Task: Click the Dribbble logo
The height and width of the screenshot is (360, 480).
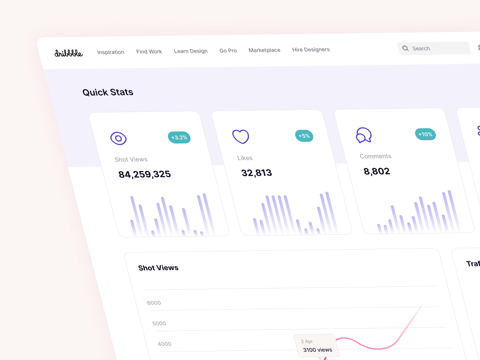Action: [68, 53]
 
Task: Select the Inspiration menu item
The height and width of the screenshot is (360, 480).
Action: [111, 52]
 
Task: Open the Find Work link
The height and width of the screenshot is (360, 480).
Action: [149, 52]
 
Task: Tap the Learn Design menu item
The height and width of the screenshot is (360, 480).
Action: [191, 51]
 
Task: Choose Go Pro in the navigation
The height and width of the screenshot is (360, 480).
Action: [228, 50]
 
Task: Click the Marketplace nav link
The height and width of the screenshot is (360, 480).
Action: [264, 50]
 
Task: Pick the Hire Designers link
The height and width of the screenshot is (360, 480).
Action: [311, 49]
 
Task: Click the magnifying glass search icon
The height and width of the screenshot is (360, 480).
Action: [406, 48]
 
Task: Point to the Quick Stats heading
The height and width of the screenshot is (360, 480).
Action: [108, 92]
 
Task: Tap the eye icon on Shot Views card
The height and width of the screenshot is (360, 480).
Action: [118, 138]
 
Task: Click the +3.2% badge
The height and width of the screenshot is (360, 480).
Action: [179, 137]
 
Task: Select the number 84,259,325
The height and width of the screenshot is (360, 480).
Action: [145, 174]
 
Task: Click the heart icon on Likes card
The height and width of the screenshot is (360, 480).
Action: [241, 136]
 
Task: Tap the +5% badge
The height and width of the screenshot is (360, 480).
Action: [304, 136]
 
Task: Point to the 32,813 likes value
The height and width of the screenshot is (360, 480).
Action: [256, 173]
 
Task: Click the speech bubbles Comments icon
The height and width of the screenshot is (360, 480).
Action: [364, 135]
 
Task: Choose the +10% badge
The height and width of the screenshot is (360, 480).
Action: [425, 134]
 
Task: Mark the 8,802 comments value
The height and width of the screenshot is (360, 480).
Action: [377, 171]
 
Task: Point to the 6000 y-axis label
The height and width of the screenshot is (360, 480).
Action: [154, 303]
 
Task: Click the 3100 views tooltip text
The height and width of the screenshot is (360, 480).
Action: [317, 350]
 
